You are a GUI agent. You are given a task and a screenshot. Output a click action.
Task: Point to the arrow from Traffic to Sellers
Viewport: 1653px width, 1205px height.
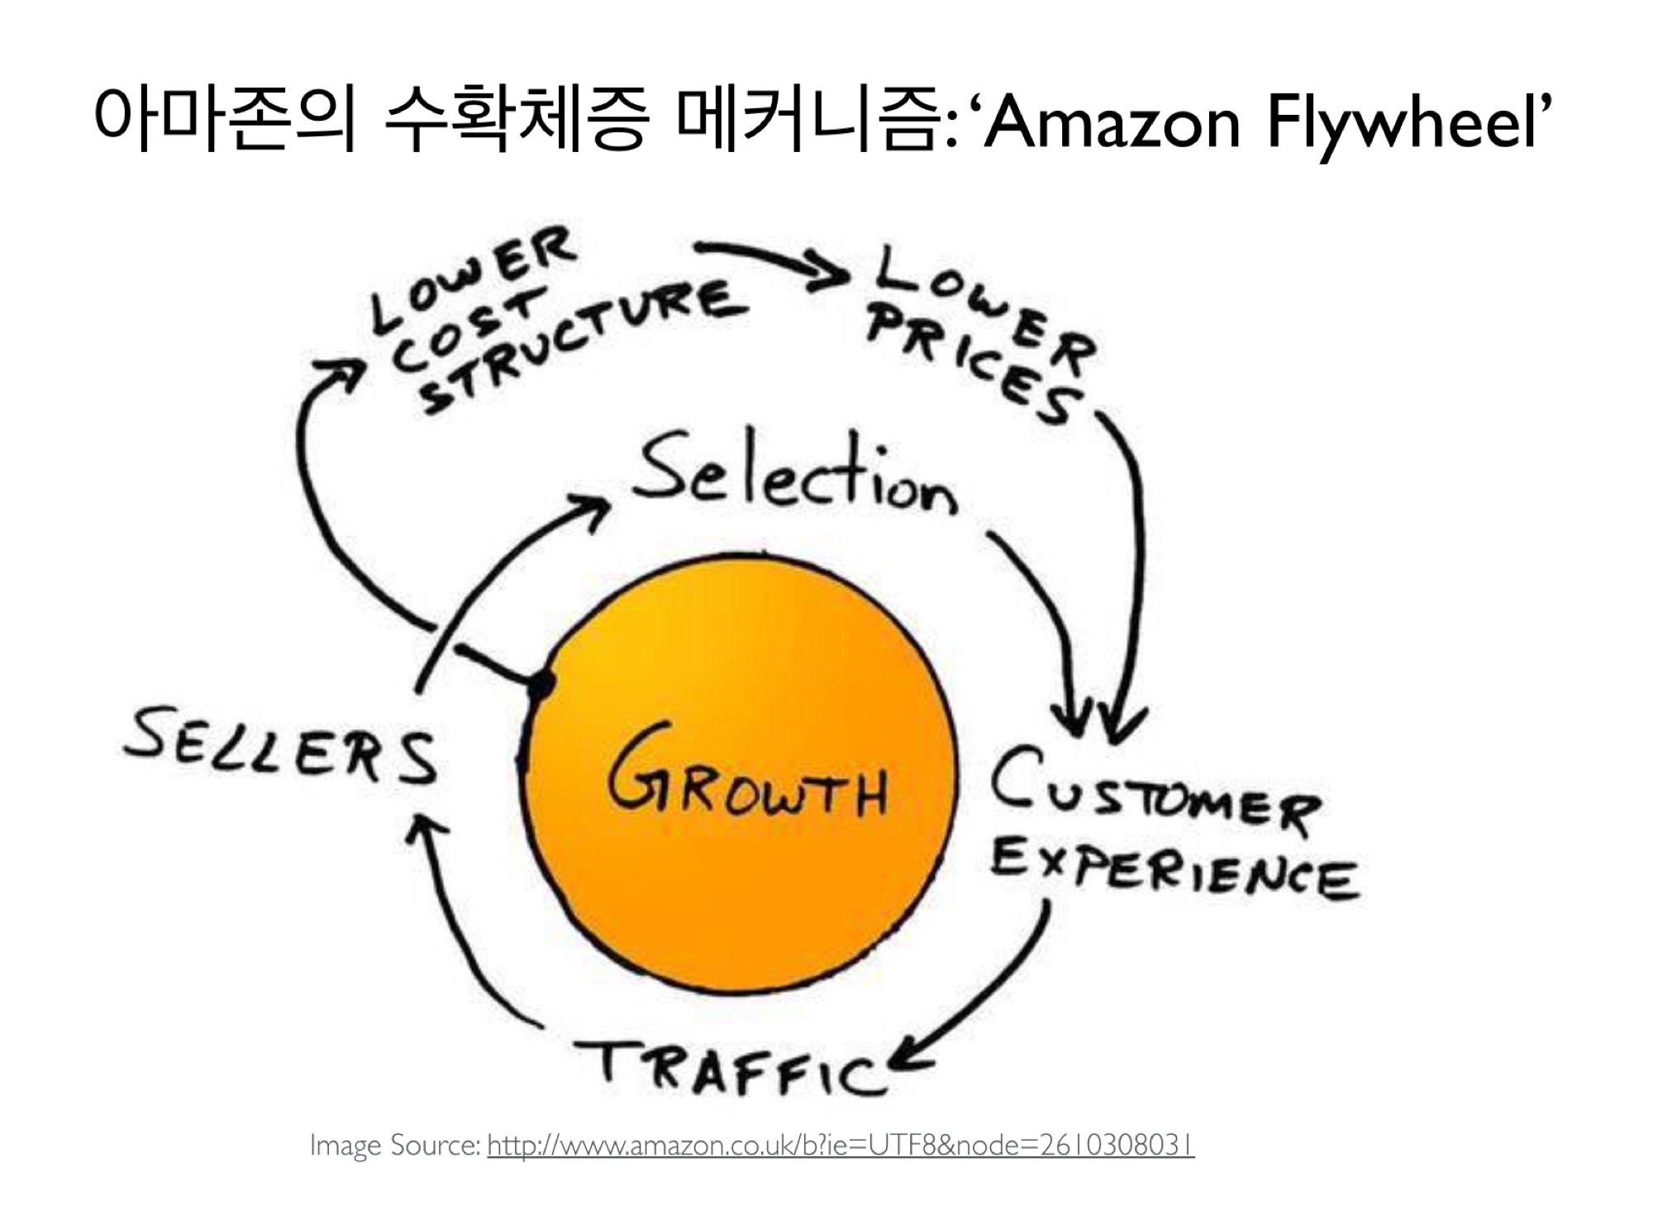tap(463, 934)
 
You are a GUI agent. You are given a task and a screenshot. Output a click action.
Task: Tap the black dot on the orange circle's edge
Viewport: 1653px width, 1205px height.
tap(541, 684)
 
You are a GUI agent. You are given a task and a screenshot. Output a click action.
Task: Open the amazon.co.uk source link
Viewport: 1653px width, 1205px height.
tap(840, 1145)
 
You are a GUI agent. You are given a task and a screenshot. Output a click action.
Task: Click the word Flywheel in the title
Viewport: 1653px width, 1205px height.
tap(1397, 124)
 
